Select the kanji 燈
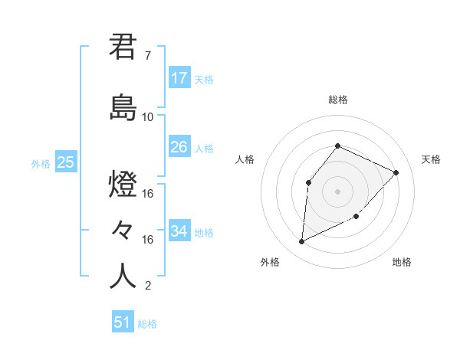(123, 186)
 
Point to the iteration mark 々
(123, 230)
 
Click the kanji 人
(123, 276)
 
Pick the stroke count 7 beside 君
(147, 56)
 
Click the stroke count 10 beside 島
(148, 116)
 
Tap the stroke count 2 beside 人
(147, 286)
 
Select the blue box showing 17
(179, 78)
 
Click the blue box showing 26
(179, 147)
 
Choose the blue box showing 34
(179, 231)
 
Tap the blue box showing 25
(65, 162)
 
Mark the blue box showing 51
(122, 322)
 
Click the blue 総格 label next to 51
(147, 324)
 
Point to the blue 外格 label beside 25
(41, 163)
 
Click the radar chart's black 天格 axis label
(431, 159)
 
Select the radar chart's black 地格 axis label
(402, 262)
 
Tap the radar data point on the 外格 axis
(301, 242)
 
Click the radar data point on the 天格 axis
(396, 172)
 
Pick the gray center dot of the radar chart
(337, 191)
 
